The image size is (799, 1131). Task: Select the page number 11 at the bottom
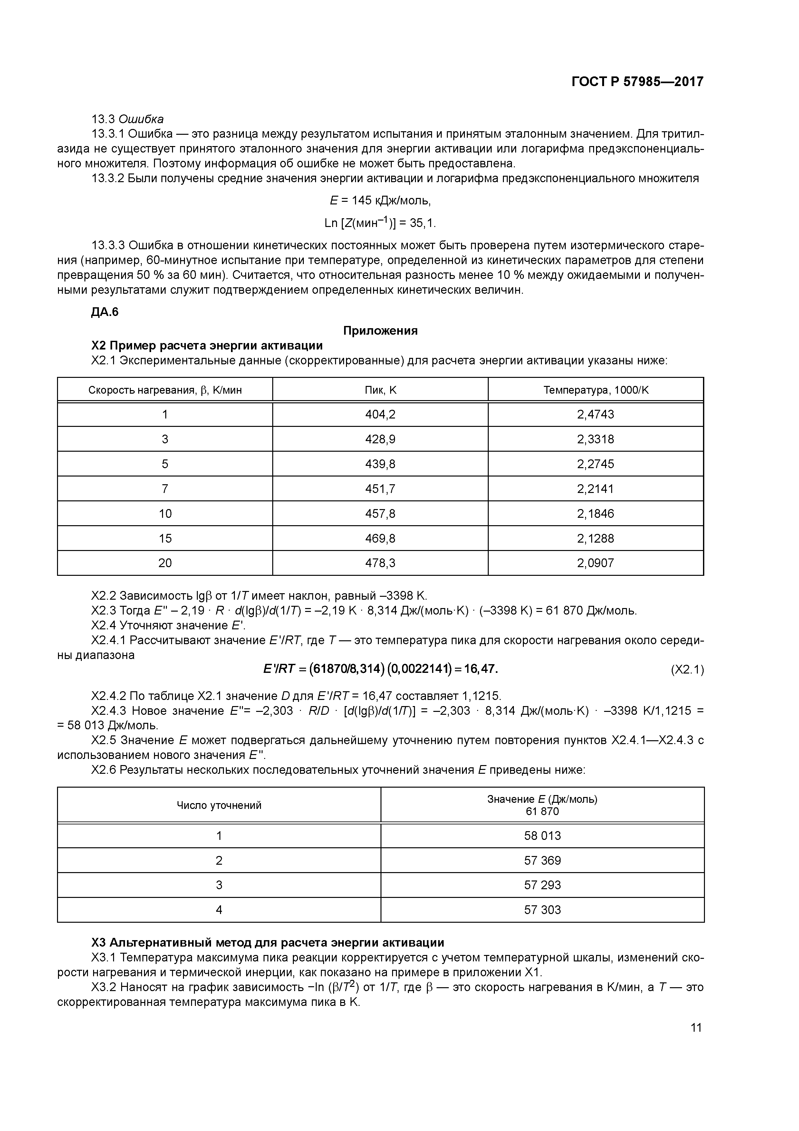click(x=696, y=1027)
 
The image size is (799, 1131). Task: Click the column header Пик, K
click(x=380, y=390)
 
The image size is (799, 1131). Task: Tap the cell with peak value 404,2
click(x=380, y=414)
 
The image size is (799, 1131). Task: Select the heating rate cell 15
click(x=165, y=538)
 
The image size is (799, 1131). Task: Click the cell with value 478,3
click(x=380, y=563)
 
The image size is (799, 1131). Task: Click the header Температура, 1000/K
click(x=596, y=390)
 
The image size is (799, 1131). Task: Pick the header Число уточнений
click(x=219, y=805)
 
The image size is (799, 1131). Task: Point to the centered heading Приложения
click(x=380, y=330)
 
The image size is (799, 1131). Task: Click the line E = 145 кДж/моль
click(x=380, y=201)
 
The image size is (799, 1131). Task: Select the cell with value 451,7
click(x=380, y=489)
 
